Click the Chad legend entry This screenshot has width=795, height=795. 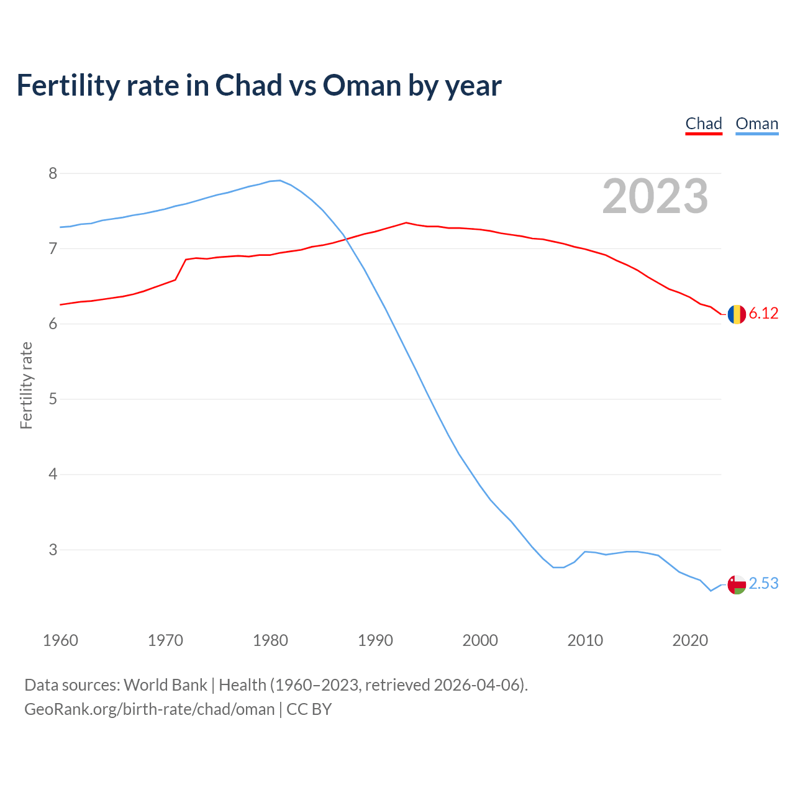(x=704, y=124)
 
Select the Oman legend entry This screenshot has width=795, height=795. (x=756, y=124)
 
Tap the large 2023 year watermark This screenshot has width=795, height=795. (x=655, y=196)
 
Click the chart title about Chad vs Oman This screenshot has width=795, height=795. (x=258, y=85)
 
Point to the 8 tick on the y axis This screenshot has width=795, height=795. (x=53, y=173)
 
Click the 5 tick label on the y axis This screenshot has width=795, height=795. (x=53, y=399)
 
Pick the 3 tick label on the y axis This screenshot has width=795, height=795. (x=53, y=550)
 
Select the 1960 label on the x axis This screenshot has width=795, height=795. (x=60, y=640)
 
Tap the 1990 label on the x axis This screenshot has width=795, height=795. (x=375, y=640)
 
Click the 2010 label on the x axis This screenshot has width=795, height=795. (x=585, y=640)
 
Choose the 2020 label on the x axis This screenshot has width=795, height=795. (x=690, y=640)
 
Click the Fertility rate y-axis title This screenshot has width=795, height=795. (x=26, y=385)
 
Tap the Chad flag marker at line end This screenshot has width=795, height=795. (x=737, y=314)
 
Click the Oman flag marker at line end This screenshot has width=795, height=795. (x=737, y=584)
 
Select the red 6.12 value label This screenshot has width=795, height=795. (x=763, y=313)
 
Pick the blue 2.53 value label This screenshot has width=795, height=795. (x=763, y=583)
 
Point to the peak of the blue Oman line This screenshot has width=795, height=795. (x=279, y=181)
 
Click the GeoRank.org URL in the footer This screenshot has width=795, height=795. (x=149, y=709)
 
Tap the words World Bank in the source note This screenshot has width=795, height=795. (x=165, y=685)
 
